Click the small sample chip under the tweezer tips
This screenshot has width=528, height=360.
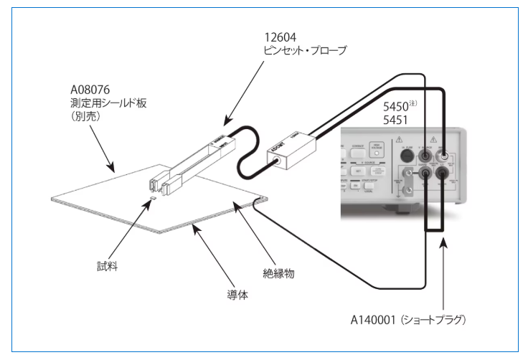(x=153, y=199)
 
